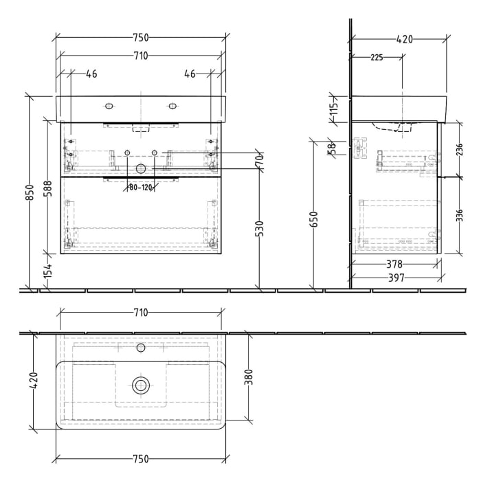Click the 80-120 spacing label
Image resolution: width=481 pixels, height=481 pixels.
point(140,187)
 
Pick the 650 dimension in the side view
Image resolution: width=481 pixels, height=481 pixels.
point(313,218)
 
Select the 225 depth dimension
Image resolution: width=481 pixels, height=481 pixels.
point(377,58)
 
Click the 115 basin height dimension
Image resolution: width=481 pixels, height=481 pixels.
point(334,109)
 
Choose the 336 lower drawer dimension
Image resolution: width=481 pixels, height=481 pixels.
point(459,215)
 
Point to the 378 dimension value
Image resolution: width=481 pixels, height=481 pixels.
point(393,264)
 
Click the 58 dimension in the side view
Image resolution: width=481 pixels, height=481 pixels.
point(331,146)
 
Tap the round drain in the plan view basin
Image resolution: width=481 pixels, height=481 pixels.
point(141,384)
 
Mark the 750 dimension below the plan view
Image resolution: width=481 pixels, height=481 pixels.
point(140,459)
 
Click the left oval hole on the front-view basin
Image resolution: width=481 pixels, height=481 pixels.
point(108,106)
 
